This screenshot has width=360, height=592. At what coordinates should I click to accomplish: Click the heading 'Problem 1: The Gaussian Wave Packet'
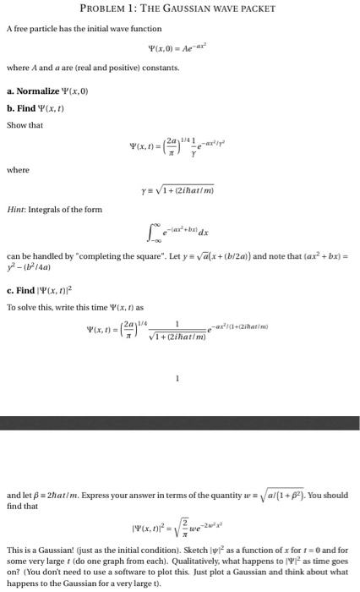(x=180, y=9)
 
